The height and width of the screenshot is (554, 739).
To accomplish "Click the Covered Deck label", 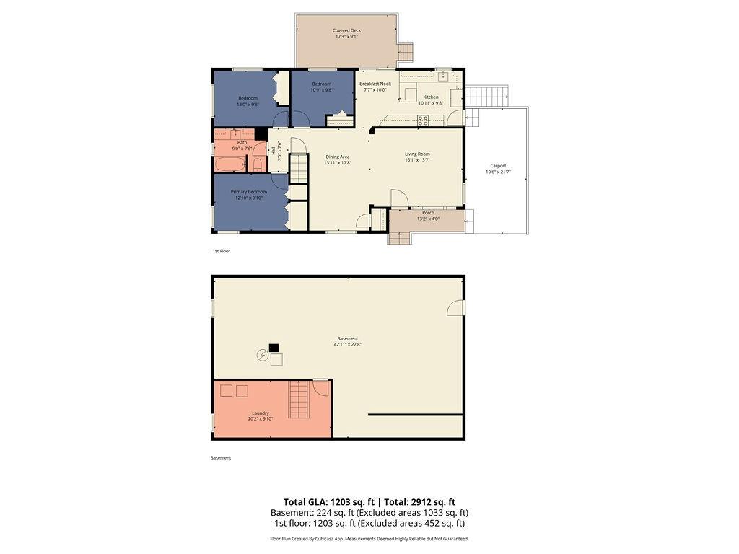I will (x=346, y=30).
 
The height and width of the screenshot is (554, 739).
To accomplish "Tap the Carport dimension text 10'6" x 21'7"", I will (x=498, y=172).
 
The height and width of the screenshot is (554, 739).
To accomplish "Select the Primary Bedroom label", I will (x=249, y=191).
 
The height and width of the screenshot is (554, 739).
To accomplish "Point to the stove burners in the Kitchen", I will (x=423, y=120).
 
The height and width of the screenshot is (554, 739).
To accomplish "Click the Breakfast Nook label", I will (x=375, y=84).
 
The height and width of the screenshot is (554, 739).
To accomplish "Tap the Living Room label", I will (x=417, y=154).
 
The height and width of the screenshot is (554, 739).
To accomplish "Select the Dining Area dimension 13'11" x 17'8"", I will (x=338, y=162).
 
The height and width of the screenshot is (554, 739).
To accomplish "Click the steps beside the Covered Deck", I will (x=406, y=52).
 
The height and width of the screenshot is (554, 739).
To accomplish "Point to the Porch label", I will (x=428, y=213).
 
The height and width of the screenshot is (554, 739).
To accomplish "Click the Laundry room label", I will (x=261, y=413).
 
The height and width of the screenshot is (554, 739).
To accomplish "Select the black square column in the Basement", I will (x=274, y=348).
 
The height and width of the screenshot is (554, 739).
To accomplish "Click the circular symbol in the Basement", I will (x=262, y=355).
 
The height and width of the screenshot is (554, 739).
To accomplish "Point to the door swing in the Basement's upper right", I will (x=455, y=308).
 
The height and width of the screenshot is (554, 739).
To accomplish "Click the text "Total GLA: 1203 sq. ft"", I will (x=329, y=502).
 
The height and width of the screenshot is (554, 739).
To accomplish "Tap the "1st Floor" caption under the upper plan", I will (x=221, y=251).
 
